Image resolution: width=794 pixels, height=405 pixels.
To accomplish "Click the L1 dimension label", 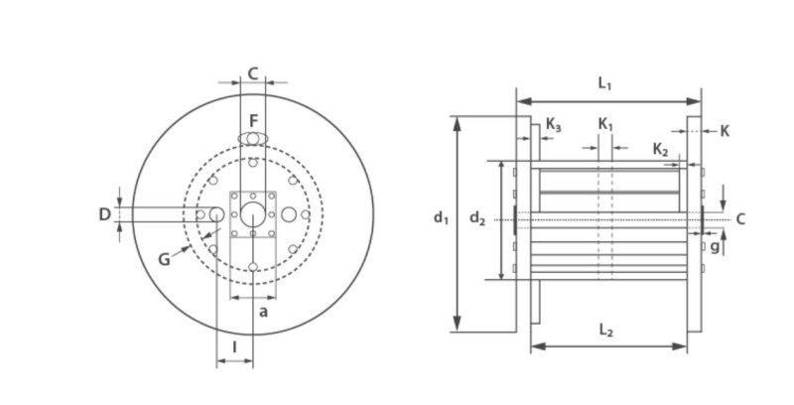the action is click(x=604, y=83).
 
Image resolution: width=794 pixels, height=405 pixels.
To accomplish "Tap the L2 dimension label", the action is click(x=606, y=331).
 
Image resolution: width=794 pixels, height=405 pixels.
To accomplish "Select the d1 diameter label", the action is click(x=441, y=217).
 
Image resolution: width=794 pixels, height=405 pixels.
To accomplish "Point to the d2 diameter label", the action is click(x=477, y=217).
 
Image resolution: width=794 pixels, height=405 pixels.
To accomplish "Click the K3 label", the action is click(x=553, y=124).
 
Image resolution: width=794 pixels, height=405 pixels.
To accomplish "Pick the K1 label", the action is click(x=605, y=124).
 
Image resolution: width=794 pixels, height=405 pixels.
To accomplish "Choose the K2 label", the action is click(x=660, y=150).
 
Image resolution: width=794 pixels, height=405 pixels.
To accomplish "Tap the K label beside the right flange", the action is click(x=725, y=131).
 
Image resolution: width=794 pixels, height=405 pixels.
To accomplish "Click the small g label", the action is click(x=715, y=247).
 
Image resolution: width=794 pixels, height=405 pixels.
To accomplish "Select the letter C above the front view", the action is click(x=253, y=73).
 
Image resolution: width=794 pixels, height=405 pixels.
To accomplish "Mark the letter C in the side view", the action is click(x=740, y=218).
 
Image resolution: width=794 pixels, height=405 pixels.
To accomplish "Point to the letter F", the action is click(x=254, y=121).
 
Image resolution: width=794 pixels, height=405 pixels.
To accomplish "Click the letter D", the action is click(x=104, y=214).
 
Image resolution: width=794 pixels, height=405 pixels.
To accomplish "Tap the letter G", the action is click(x=164, y=259).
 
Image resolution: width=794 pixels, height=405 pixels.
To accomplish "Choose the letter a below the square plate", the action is click(x=263, y=312).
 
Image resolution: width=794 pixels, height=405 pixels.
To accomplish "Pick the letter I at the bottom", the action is click(x=234, y=347).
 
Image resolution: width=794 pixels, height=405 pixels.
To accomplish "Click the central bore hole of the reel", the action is click(x=253, y=214).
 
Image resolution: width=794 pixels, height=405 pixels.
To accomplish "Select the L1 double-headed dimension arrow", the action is click(x=608, y=102).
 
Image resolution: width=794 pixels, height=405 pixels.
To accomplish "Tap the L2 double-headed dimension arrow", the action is click(x=608, y=346).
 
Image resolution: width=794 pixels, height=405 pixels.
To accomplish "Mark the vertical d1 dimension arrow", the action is click(x=458, y=223).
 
